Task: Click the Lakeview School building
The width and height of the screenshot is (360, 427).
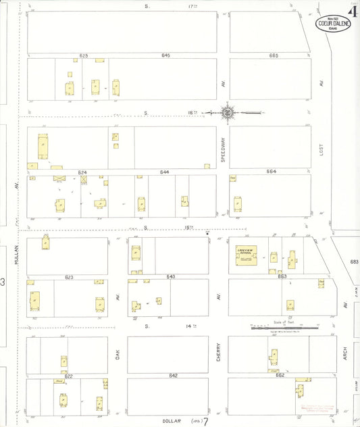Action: pos(244,257)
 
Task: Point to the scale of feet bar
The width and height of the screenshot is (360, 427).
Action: pos(284,328)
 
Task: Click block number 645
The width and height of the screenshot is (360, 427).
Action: pos(166,55)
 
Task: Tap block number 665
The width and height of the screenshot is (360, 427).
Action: pos(273,55)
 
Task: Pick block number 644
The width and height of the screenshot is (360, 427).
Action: pos(164,172)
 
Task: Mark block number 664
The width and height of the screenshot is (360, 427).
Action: pos(271,172)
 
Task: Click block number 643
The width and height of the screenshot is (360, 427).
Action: pos(170,276)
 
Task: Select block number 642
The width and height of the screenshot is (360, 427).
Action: pos(173,375)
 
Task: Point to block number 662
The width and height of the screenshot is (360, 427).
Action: pos(280,375)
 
